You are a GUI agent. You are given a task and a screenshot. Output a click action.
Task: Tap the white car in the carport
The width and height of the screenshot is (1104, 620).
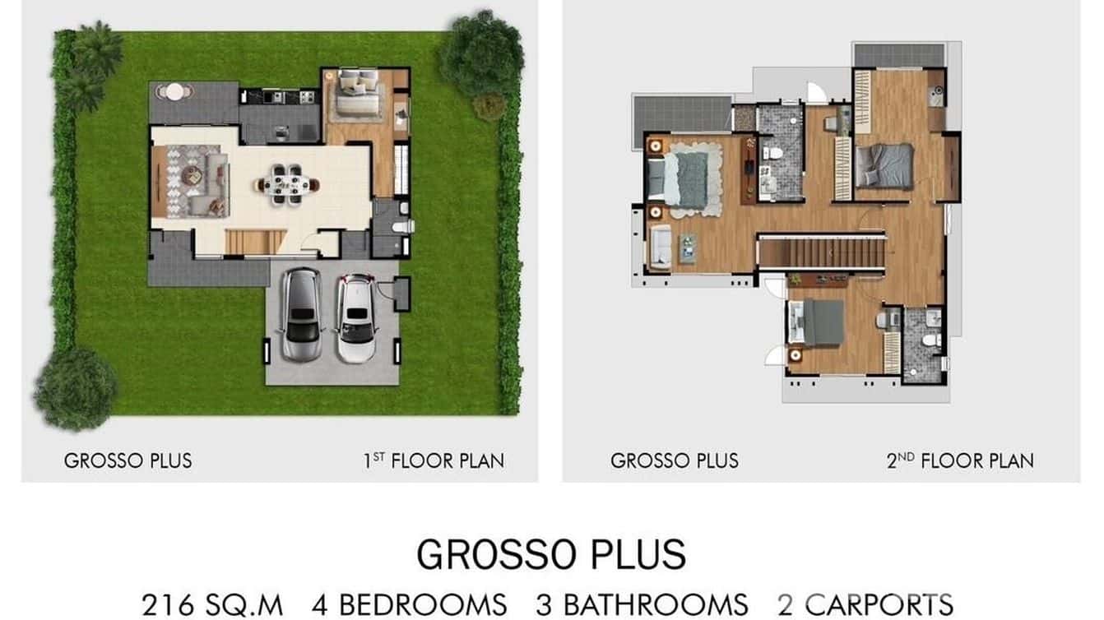tap(357, 317)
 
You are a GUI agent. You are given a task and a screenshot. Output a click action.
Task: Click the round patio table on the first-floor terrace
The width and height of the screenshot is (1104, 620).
tap(174, 91)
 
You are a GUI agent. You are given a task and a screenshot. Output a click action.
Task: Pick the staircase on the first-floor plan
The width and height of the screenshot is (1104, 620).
tap(255, 242)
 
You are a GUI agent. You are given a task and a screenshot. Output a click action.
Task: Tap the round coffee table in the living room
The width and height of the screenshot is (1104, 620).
tap(192, 174)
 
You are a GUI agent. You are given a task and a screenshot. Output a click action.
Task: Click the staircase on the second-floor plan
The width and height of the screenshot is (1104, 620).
tap(821, 252)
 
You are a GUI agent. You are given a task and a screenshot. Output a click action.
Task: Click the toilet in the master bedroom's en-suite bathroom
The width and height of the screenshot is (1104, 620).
tap(772, 153)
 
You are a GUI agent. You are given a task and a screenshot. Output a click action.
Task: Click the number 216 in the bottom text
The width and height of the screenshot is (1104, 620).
tap(170, 605)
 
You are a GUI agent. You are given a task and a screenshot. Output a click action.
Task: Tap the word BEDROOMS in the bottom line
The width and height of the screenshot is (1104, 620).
tap(422, 605)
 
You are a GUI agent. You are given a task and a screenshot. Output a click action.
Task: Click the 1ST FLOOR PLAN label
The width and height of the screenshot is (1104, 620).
tap(434, 460)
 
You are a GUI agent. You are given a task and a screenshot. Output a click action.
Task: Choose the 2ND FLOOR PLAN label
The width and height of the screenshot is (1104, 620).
tap(960, 460)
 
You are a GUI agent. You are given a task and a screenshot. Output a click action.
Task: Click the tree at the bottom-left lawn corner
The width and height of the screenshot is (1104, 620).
tap(74, 388)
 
